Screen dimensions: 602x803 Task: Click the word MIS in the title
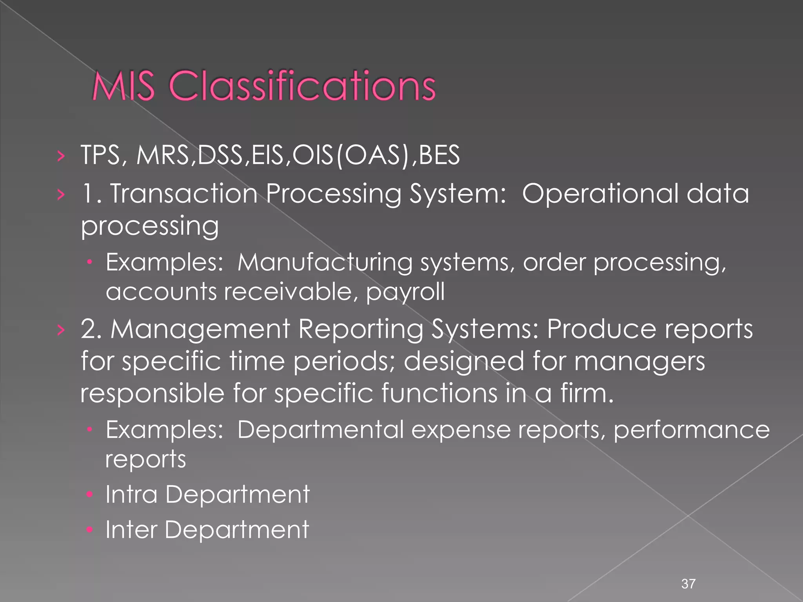(123, 86)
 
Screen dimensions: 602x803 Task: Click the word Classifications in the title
(302, 86)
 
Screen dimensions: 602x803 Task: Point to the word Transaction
(183, 194)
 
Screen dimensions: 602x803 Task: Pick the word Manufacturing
(325, 262)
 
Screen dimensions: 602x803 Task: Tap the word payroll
(405, 292)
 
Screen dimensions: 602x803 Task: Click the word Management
(200, 330)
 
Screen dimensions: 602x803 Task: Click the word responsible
(152, 393)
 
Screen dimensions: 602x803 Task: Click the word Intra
(131, 494)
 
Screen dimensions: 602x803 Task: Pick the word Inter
(131, 530)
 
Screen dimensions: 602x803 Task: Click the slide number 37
(689, 584)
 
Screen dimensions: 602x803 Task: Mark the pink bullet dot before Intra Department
(90, 495)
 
